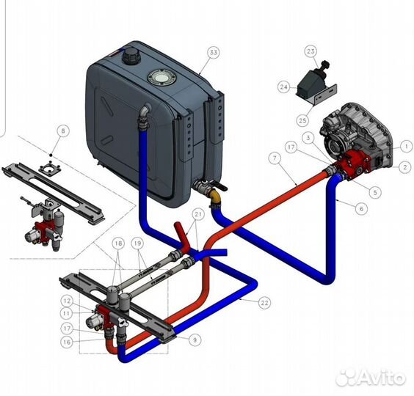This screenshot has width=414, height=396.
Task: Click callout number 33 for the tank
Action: pyautogui.click(x=214, y=53)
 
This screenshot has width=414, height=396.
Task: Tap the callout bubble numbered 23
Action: pyautogui.click(x=310, y=51)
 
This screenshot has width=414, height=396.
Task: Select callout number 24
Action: pyautogui.click(x=284, y=87)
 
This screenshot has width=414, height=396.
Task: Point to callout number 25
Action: pyautogui.click(x=302, y=120)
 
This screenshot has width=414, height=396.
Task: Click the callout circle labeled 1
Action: pyautogui.click(x=407, y=146)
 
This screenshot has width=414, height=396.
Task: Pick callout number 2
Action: pyautogui.click(x=405, y=166)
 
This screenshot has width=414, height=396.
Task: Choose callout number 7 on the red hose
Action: pyautogui.click(x=275, y=158)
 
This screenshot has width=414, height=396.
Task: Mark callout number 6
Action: pyautogui.click(x=361, y=209)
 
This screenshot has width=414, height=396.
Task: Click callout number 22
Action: pyautogui.click(x=264, y=303)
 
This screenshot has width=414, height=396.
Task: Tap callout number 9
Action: pyautogui.click(x=195, y=340)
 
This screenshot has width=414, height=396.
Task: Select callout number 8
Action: pyautogui.click(x=62, y=131)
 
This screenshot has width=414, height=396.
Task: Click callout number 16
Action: pyautogui.click(x=67, y=342)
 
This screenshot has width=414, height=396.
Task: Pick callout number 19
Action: pyautogui.click(x=137, y=243)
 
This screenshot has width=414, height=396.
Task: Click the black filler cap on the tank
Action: pyautogui.click(x=130, y=56)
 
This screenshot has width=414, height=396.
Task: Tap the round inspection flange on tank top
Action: pyautogui.click(x=161, y=78)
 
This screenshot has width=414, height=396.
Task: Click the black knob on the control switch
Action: pyautogui.click(x=325, y=64)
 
